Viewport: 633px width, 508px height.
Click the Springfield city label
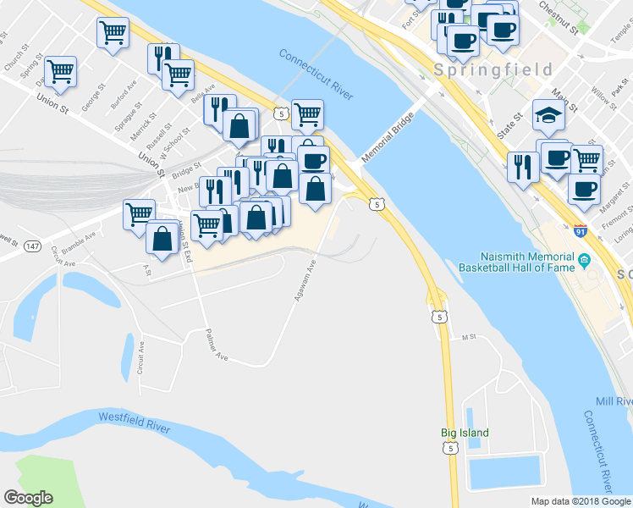click(493, 69)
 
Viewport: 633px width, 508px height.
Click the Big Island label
click(465, 433)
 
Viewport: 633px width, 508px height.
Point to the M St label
click(470, 337)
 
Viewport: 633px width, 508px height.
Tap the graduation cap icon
click(548, 114)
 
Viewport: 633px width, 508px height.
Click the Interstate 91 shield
click(580, 230)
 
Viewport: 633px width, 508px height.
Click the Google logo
click(28, 498)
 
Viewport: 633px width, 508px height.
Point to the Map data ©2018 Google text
click(580, 501)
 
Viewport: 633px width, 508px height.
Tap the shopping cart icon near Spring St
click(61, 71)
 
